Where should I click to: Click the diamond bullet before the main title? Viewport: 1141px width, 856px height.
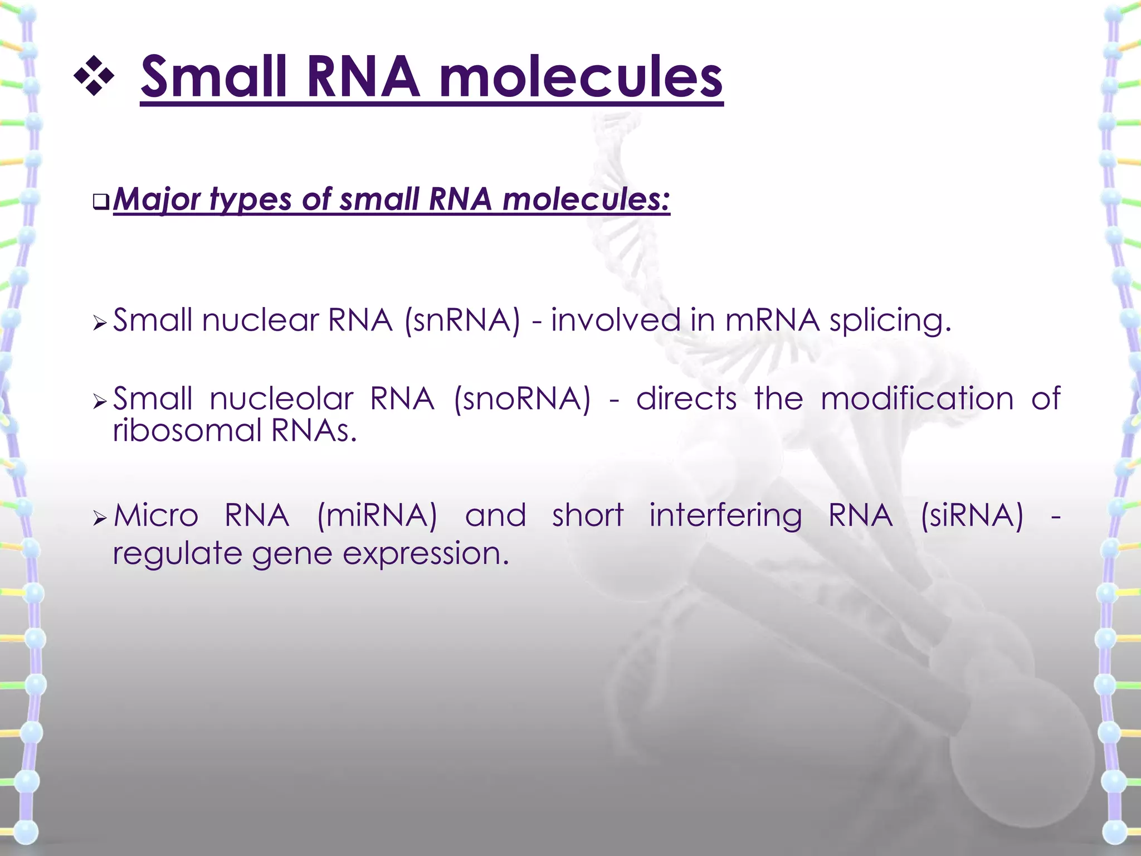(94, 76)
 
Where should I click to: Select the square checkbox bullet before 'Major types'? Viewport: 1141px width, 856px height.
(101, 202)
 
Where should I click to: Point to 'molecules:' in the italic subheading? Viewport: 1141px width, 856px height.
(586, 199)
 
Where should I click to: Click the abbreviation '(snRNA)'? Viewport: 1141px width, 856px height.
(462, 321)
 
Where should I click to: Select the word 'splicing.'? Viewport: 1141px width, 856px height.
(890, 322)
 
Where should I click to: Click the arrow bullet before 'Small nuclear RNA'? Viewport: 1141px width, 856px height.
(100, 323)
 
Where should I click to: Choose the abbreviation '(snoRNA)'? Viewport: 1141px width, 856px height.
(522, 399)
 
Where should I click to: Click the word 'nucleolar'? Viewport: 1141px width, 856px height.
(281, 399)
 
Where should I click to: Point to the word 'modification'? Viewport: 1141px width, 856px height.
(917, 399)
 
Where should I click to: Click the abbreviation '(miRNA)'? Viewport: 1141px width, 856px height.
(377, 515)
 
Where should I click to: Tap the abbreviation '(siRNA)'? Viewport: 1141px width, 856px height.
(972, 515)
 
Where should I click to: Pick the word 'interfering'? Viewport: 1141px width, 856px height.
(725, 516)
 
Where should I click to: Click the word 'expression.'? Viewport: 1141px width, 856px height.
(426, 554)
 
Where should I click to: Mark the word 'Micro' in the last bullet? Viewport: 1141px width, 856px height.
(156, 515)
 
